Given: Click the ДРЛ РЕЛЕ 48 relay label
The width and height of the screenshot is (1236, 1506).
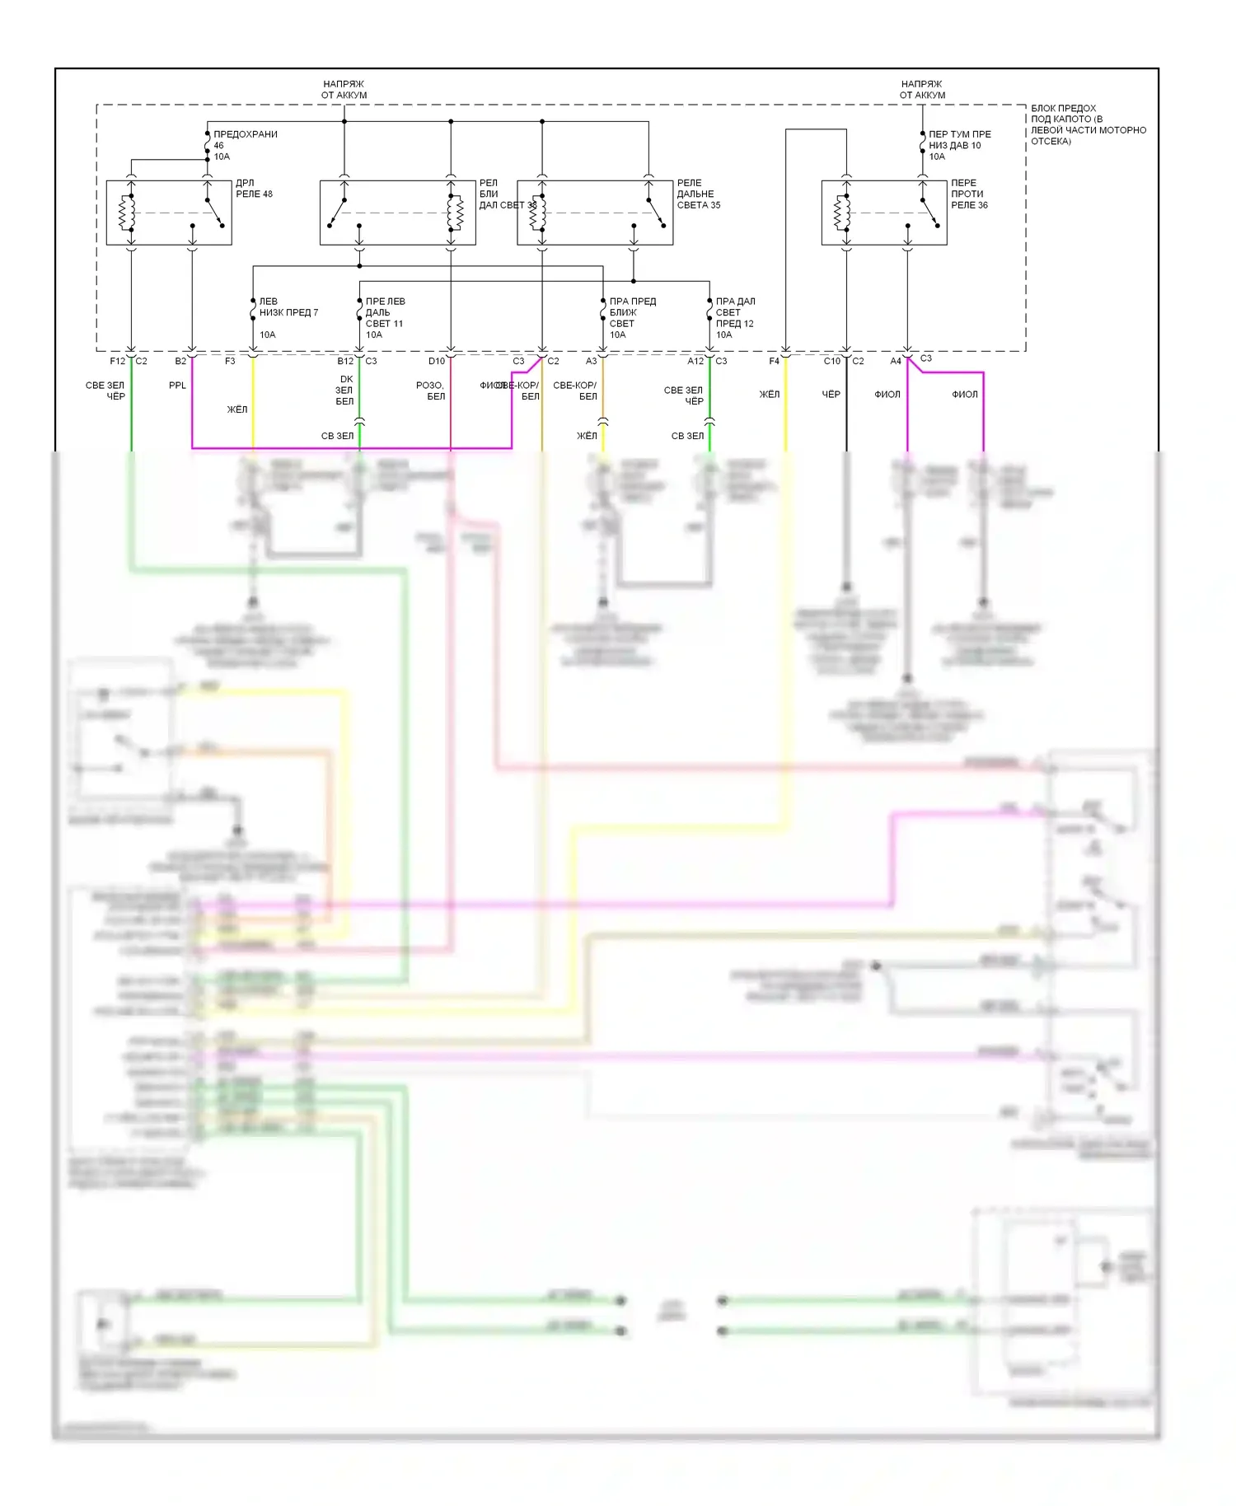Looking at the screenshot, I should tap(254, 189).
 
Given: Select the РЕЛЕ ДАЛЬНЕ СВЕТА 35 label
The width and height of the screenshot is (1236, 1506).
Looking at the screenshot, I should tap(698, 194).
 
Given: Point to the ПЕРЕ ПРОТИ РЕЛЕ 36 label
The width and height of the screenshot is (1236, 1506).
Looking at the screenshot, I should tap(968, 194).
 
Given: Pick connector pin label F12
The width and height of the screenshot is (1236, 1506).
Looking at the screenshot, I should tap(117, 362).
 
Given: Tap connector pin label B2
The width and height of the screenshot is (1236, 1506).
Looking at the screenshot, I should tap(180, 362).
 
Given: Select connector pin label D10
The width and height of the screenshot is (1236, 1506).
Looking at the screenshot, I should tap(436, 362).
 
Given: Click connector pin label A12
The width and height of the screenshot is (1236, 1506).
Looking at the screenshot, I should tap(695, 362).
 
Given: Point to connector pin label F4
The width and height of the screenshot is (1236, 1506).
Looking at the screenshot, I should tap(774, 362).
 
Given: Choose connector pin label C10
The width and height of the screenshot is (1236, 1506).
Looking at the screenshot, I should tap(831, 362).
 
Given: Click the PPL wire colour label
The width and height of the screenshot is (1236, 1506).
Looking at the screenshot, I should tap(177, 386).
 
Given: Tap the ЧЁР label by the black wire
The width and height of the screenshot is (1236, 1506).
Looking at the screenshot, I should tap(831, 395).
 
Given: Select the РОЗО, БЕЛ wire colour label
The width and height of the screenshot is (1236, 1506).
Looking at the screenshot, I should tap(430, 391).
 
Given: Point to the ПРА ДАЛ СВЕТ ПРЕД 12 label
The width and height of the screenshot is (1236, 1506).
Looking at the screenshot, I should tap(735, 318).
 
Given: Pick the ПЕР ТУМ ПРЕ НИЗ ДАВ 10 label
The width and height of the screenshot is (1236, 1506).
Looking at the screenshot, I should tap(959, 145).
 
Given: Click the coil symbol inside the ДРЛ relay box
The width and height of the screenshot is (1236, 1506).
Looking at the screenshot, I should tap(126, 213).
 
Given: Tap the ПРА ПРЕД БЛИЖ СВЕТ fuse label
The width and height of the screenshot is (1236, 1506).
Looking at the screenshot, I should tap(632, 318).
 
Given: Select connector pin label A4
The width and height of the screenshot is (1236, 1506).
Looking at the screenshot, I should tap(896, 362).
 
